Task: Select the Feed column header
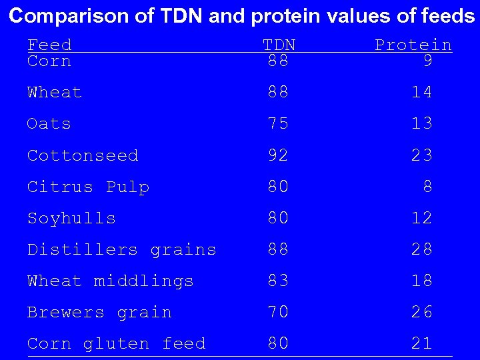49,45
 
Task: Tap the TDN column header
279,45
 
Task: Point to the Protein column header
413,45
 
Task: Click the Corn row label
49,61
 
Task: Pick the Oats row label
49,124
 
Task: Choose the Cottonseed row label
83,155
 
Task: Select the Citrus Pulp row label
88,187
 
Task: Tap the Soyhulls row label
71,218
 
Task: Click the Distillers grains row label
121,249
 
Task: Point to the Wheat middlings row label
110,281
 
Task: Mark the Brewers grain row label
99,312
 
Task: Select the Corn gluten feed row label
116,344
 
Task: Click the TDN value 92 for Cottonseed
278,155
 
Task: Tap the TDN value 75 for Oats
278,124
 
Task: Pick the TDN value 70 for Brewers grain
278,312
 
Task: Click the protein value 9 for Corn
427,61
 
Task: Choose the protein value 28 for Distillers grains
421,249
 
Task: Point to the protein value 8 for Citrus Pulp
427,187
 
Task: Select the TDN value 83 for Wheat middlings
278,281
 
